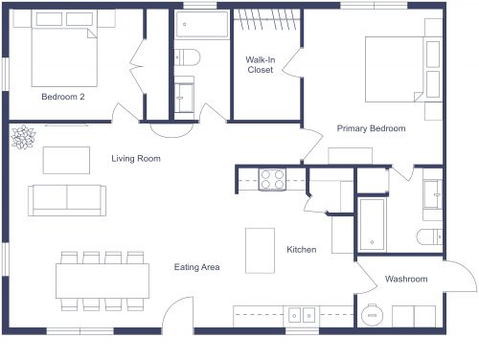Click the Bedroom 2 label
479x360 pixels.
coord(63,97)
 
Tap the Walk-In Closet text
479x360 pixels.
coord(260,64)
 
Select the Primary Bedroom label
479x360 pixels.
coord(371,128)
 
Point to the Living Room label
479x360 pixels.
coord(135,159)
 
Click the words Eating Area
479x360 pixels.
coord(197,267)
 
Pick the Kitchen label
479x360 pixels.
coord(302,250)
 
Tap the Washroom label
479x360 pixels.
coord(406,280)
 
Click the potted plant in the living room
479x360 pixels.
coord(22,139)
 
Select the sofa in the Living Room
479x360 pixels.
coord(67,198)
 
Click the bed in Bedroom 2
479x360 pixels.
coord(59,56)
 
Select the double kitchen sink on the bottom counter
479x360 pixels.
coord(303,313)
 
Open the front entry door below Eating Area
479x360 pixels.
coord(177,316)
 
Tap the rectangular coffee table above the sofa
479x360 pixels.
coord(62,159)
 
